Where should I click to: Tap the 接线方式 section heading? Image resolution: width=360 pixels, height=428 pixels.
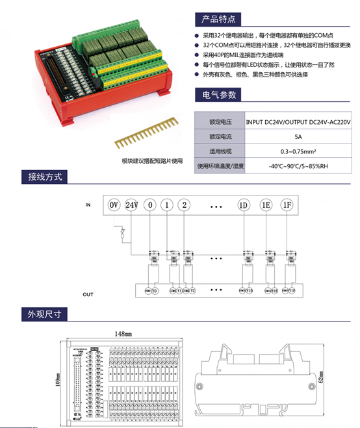44,177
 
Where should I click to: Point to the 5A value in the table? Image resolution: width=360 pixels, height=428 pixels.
298,137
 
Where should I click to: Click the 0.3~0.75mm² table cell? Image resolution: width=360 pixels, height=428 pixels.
298,151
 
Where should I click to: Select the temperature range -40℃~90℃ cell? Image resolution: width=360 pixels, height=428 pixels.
298,166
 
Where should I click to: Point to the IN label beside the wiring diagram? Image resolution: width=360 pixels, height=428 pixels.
88,205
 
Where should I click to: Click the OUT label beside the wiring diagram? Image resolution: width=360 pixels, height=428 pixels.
88,294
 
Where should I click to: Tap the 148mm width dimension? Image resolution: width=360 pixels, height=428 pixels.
123,333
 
